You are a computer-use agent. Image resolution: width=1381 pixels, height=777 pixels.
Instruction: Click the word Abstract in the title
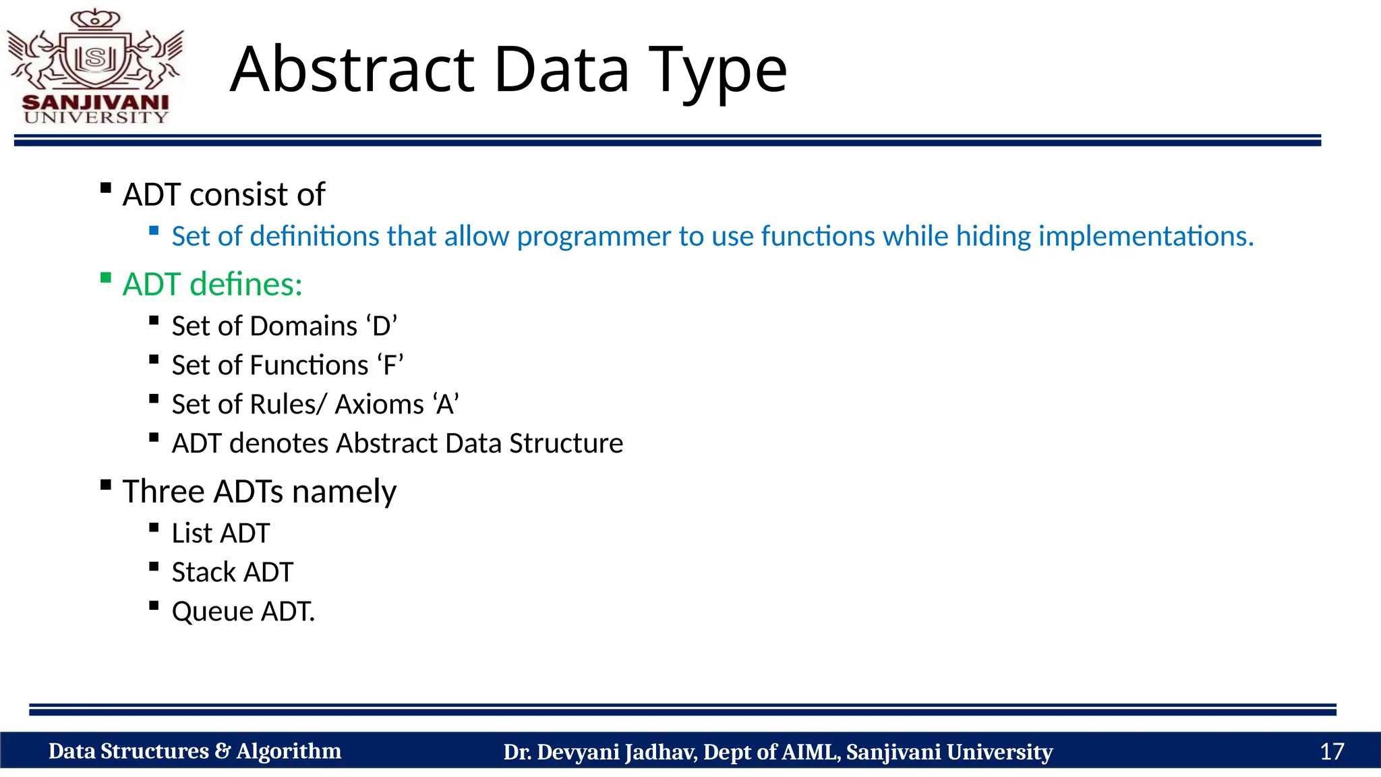352,69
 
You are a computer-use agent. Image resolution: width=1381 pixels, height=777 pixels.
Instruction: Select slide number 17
1331,751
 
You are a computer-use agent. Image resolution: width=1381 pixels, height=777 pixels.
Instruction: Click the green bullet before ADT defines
105,277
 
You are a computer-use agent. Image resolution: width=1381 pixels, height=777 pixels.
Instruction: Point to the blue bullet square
154,231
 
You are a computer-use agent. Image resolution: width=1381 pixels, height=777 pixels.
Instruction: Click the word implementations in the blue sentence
1146,236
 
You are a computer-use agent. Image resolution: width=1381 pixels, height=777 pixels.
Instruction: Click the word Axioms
380,405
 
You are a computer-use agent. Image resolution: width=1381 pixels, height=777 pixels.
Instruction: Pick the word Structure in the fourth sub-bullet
566,444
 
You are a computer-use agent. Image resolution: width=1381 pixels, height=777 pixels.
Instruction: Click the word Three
164,491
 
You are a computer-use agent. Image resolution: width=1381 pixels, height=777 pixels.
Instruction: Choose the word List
192,534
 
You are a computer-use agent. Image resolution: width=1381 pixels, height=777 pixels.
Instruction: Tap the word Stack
204,573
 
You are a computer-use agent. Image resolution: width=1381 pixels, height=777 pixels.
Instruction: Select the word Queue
212,612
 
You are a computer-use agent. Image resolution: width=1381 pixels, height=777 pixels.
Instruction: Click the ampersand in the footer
223,751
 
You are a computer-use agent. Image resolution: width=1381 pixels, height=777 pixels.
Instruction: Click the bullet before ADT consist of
105,188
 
